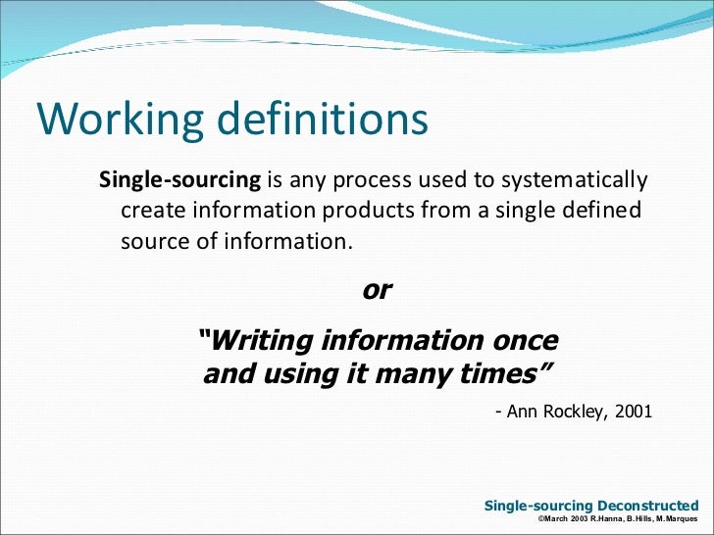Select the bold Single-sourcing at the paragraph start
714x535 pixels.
pos(181,181)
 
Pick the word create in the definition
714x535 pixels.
pos(149,212)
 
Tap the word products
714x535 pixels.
pos(379,212)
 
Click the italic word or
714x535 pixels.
pos(378,291)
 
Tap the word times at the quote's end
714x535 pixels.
pos(509,373)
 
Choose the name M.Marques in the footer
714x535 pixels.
pos(678,518)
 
